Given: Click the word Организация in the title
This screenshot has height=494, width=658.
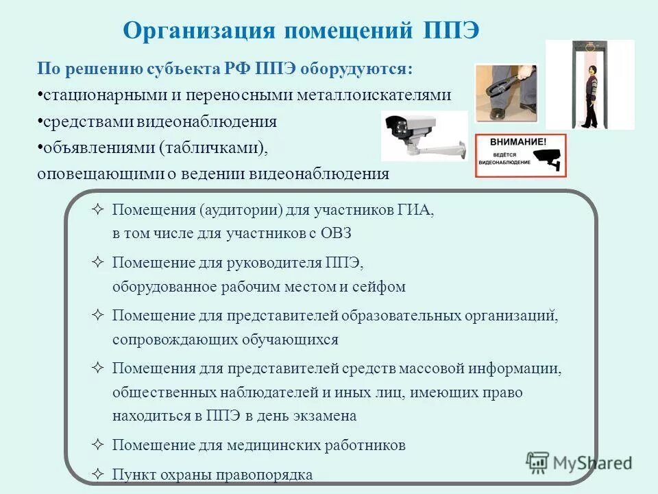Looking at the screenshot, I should [x=199, y=31].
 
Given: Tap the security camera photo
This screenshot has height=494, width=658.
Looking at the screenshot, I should [x=424, y=135].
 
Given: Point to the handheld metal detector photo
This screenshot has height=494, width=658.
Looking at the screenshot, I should [x=506, y=93].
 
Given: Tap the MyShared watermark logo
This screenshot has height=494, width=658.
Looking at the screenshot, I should [x=580, y=462].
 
